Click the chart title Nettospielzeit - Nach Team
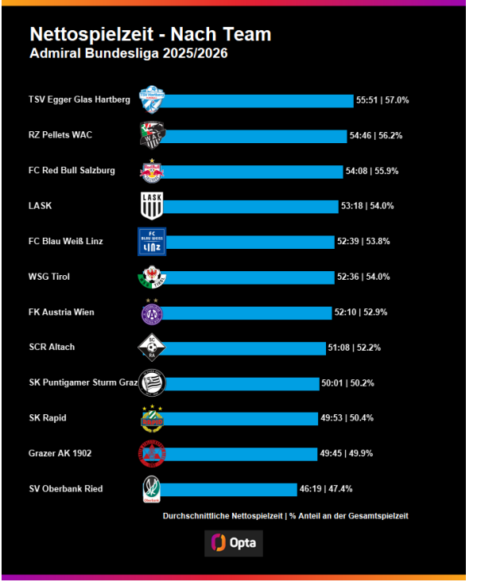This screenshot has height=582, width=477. (x=150, y=34)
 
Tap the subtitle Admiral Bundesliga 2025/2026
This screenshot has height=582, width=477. (x=128, y=54)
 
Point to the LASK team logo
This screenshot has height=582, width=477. (x=152, y=206)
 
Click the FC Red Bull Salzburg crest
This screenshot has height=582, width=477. (x=152, y=171)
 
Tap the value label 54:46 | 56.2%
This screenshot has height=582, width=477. (x=376, y=136)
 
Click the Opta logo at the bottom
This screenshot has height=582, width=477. (x=233, y=543)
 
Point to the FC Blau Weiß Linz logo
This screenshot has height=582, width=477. (x=152, y=242)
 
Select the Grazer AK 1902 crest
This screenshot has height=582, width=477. (x=152, y=453)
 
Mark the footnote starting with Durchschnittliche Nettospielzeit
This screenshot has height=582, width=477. (x=285, y=516)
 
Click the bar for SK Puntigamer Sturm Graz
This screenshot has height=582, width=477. (x=242, y=383)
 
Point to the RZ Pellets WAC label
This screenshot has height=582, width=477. (x=60, y=135)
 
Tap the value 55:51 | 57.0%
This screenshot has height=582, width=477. (x=382, y=101)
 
